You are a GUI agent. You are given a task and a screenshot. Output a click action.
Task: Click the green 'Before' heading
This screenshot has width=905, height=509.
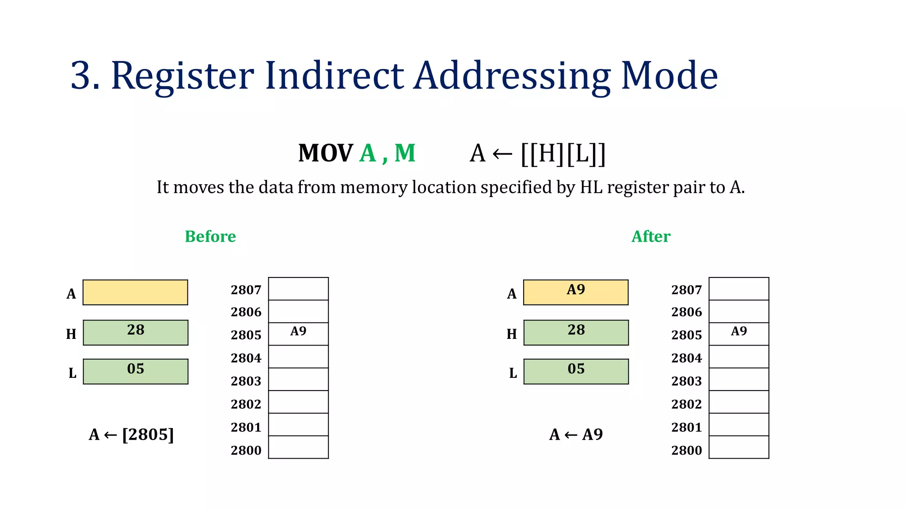[210, 236]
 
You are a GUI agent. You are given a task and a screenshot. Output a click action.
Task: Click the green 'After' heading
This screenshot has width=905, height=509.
[650, 236]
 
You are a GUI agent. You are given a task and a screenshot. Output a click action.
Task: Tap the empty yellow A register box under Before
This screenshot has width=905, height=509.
[135, 292]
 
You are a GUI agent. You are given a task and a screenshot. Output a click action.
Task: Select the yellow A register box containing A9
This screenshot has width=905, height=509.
[575, 292]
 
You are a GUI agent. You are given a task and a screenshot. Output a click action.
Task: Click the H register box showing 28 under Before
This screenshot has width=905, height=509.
[135, 332]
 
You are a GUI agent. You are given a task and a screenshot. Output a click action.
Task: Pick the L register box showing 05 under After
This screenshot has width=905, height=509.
[576, 371]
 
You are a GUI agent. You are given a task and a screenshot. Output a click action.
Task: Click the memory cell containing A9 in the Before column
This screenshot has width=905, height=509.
[298, 334]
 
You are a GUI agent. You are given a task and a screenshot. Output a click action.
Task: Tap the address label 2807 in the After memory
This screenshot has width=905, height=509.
[686, 290]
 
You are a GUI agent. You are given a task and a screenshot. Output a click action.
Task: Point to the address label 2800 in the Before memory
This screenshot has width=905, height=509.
[246, 450]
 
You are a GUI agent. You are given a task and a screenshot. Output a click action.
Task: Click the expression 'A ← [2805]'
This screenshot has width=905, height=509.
[131, 434]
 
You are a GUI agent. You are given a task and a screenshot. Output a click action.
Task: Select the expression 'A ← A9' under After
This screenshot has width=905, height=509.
[576, 434]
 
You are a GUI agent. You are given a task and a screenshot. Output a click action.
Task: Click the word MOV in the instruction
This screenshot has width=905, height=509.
[325, 153]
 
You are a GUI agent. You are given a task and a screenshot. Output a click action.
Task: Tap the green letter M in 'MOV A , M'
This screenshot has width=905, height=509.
[405, 153]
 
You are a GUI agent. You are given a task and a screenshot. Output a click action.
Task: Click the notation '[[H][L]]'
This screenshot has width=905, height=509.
[563, 154]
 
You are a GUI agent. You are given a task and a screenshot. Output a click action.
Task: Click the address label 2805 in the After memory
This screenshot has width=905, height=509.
[686, 335]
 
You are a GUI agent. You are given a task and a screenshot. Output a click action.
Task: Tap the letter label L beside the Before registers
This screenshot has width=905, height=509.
[72, 373]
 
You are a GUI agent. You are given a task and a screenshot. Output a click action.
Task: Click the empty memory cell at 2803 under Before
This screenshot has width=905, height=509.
[298, 379]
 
